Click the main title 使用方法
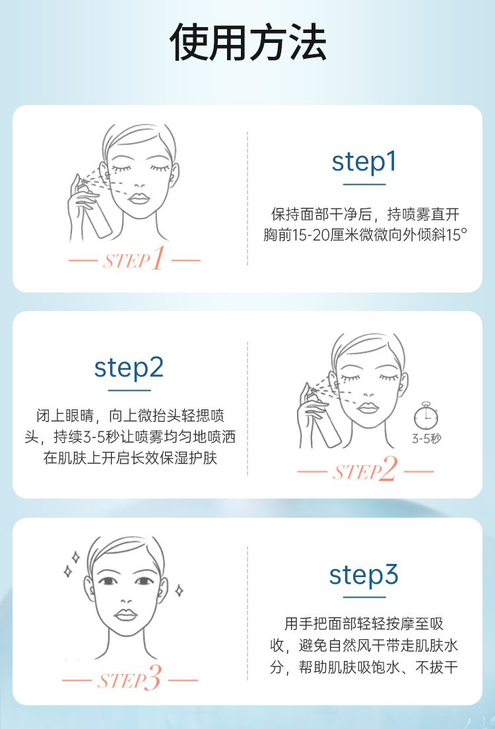[x=247, y=42]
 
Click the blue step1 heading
[x=364, y=162]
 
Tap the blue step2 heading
[x=129, y=368]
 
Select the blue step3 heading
[x=364, y=574]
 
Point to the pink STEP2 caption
[x=365, y=469]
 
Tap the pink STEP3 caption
[x=129, y=678]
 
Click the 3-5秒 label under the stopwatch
[x=426, y=438]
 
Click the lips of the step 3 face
[x=126, y=615]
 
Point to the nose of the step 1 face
[x=139, y=184]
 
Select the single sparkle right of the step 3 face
[x=179, y=590]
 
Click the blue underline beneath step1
[x=364, y=185]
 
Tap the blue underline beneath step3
[x=364, y=597]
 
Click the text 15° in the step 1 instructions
[x=457, y=235]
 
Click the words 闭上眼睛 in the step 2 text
[x=65, y=415]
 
